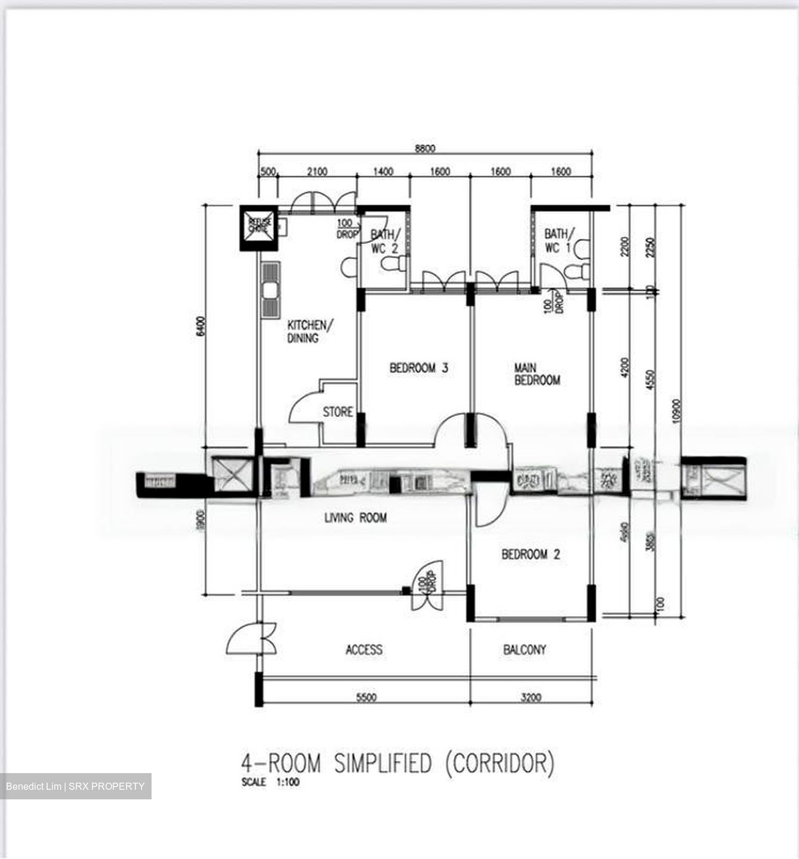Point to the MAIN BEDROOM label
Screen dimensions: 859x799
click(x=537, y=374)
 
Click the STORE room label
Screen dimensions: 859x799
click(x=338, y=412)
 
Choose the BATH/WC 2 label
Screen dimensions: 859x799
click(x=384, y=242)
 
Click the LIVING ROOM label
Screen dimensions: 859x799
click(x=355, y=518)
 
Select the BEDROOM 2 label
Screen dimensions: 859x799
click(x=530, y=555)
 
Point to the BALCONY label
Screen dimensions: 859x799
click(x=525, y=650)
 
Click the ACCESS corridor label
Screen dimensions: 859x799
click(x=364, y=650)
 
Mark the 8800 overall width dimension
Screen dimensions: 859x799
click(x=425, y=149)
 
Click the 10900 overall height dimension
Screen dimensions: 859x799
click(x=675, y=410)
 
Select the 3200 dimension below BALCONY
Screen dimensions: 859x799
click(x=529, y=697)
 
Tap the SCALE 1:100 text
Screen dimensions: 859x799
click(x=270, y=783)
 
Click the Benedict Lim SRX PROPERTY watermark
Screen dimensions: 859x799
click(x=75, y=786)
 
